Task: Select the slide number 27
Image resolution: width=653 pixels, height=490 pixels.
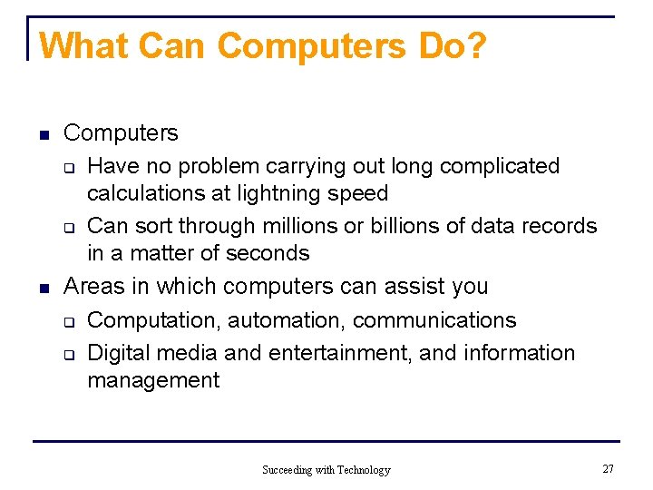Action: point(608,468)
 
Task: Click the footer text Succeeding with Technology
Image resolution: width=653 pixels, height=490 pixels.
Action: point(326,470)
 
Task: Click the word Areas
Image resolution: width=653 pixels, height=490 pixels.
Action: point(93,287)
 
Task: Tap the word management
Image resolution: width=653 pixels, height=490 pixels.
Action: point(153,380)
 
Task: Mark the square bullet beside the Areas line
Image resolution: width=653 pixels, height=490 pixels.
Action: point(43,289)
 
